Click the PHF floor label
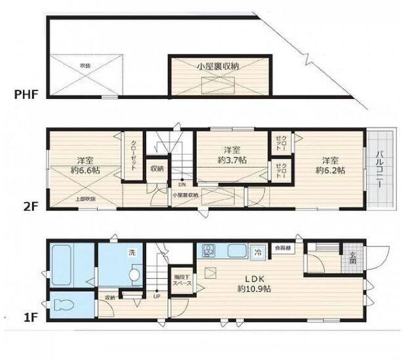26,94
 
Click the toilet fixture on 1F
62,306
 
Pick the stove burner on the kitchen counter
209,250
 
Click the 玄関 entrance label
352,258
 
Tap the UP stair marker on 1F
157,296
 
